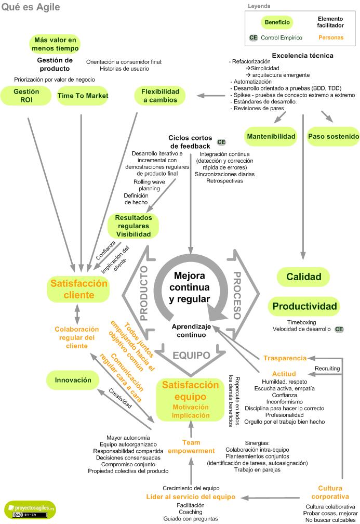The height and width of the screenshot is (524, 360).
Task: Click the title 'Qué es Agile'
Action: tap(31, 7)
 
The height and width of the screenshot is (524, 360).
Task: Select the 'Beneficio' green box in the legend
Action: tap(277, 22)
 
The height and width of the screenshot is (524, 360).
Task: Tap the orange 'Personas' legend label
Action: tap(330, 38)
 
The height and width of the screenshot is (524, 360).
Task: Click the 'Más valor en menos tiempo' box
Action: tap(55, 44)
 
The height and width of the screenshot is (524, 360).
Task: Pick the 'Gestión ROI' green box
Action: tap(26, 96)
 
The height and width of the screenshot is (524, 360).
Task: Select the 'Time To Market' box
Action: tap(83, 96)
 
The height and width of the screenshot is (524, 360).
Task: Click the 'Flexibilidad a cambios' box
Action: tap(160, 96)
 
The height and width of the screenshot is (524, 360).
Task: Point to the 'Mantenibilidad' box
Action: tap(271, 137)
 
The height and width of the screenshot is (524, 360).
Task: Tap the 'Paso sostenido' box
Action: tap(333, 137)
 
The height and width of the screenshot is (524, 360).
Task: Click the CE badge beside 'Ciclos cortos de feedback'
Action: tap(221, 142)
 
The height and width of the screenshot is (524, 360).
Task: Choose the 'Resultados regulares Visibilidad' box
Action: tap(133, 226)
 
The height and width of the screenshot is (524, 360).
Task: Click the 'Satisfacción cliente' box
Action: tap(78, 290)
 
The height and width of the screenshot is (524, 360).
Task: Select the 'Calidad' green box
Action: tap(304, 277)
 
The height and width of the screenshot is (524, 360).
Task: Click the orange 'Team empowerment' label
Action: tap(191, 447)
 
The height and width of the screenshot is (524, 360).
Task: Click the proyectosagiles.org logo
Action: tap(30, 508)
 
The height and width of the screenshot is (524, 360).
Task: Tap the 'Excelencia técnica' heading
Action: tap(302, 56)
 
